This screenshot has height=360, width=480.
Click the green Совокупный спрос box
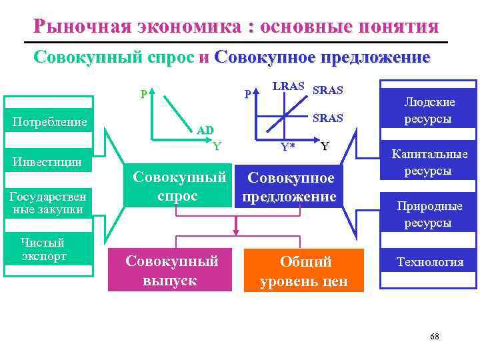click(x=175, y=187)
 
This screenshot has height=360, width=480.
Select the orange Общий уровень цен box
click(x=304, y=270)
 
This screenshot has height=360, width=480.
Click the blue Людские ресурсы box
click(x=429, y=111)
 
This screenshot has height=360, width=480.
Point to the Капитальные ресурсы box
click(x=429, y=162)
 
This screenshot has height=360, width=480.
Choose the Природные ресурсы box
click(x=429, y=214)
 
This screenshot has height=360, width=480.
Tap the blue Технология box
click(x=429, y=262)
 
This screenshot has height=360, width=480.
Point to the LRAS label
click(x=288, y=87)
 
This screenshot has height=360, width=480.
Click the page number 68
click(x=434, y=337)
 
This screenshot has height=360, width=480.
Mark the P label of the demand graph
click(x=143, y=94)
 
